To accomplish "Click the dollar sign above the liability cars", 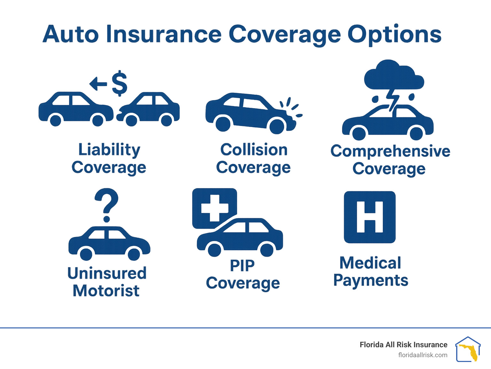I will click(x=120, y=83).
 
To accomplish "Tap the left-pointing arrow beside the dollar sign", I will click(x=98, y=84).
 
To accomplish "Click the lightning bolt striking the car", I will click(x=393, y=99).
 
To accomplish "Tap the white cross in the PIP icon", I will click(x=214, y=208).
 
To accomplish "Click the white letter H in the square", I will click(x=370, y=217).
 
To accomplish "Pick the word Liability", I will click(x=109, y=150).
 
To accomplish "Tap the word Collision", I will click(x=254, y=150).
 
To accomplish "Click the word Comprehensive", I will click(x=390, y=151).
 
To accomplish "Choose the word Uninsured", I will click(x=107, y=273).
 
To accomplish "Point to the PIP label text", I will click(x=242, y=265).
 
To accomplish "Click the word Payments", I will click(x=370, y=281).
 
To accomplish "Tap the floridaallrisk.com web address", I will click(x=423, y=355).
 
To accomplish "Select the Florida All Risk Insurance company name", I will click(x=403, y=345).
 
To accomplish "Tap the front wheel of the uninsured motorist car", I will click(x=134, y=254).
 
